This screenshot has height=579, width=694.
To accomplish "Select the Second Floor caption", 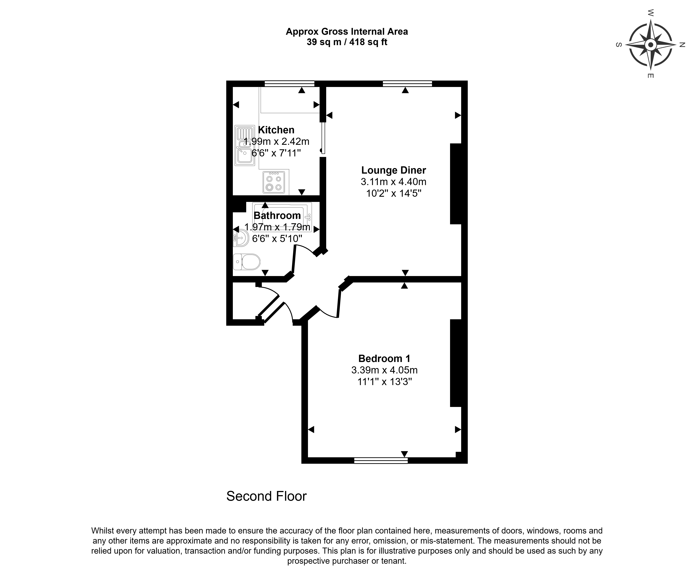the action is point(266,496).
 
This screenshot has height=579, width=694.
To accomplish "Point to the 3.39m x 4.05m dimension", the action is point(384,370).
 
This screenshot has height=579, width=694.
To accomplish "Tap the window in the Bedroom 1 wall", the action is point(381,460).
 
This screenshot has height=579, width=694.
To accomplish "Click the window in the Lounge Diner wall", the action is point(407,84).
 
